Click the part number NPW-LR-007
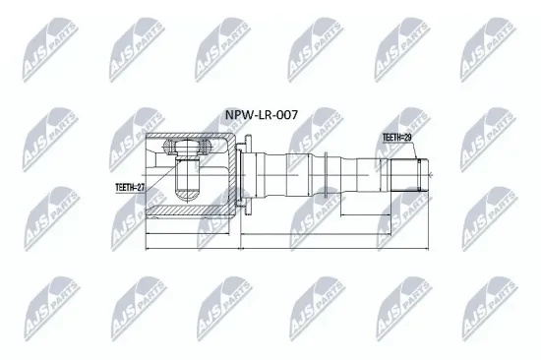pos(262,115)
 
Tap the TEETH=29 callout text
pos(396,138)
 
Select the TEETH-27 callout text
pos(130,188)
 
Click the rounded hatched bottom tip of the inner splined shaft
pos(188,195)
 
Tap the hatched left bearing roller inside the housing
pos(169,146)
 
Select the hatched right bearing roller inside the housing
pos(206,146)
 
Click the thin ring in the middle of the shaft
pos(326,175)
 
